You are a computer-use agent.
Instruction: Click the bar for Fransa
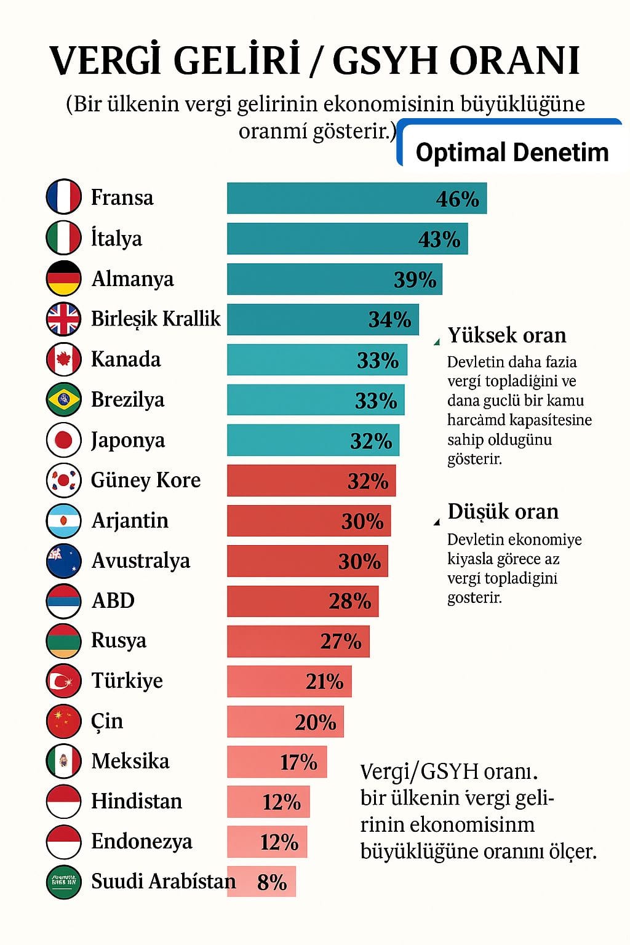tap(357, 198)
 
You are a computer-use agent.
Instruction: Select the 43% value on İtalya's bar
tap(439, 239)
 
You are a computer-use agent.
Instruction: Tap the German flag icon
tap(63, 278)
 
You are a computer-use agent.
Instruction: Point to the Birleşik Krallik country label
tap(156, 319)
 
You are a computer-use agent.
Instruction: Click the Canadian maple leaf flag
tap(63, 359)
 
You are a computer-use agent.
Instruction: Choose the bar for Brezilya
tap(316, 400)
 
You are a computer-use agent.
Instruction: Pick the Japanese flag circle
tap(63, 440)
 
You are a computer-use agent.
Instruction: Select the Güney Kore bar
tap(311, 480)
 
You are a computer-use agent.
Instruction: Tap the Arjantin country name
tap(130, 520)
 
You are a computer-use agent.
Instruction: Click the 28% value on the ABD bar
tap(349, 601)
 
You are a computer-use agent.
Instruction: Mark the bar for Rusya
tap(298, 641)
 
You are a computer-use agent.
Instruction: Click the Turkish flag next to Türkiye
tap(63, 681)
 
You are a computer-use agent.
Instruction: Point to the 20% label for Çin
tap(315, 722)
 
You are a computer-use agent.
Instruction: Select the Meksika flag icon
tap(63, 761)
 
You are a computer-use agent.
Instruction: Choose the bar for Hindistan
tap(268, 802)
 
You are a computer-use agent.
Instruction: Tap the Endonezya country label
tap(142, 841)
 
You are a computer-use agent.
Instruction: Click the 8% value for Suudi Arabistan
tap(272, 882)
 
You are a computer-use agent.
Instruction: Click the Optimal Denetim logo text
tap(512, 152)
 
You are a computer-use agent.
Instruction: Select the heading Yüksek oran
tap(507, 335)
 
